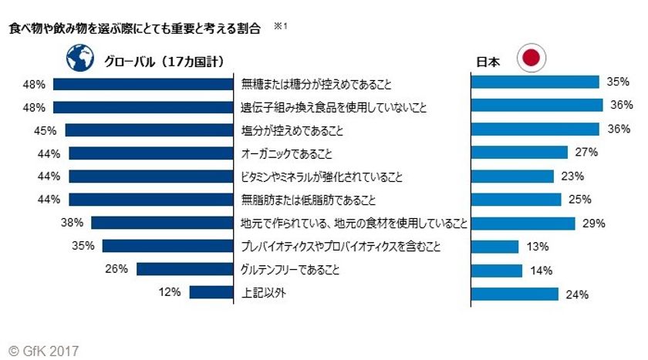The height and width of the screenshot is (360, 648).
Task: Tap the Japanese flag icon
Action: click(x=530, y=59)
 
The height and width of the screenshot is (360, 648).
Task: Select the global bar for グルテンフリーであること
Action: click(x=185, y=270)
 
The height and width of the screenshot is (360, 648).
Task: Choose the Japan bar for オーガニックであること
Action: click(x=519, y=153)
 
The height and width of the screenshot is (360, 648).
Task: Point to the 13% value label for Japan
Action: click(x=538, y=247)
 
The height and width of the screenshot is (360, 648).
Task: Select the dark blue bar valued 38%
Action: click(x=162, y=223)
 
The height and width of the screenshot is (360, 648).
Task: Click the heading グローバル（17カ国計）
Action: click(x=158, y=60)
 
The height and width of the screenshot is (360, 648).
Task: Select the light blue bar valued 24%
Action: click(x=514, y=294)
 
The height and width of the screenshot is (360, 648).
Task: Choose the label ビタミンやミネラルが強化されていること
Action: click(x=322, y=177)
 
